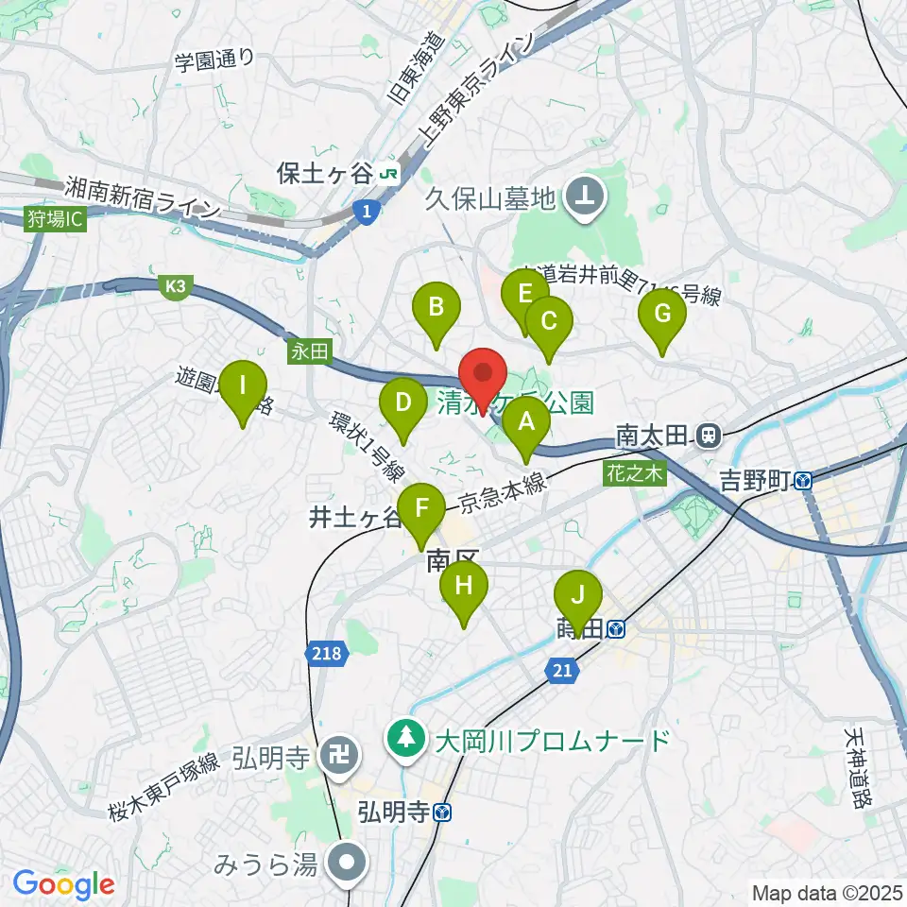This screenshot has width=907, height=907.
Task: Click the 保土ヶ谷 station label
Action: click(325, 173)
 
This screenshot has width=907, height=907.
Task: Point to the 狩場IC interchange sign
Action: click(55, 220)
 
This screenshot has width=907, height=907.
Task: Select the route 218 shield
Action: click(326, 652)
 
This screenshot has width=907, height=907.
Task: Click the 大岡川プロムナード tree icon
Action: click(406, 738)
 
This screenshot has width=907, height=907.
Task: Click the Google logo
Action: click(64, 884)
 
